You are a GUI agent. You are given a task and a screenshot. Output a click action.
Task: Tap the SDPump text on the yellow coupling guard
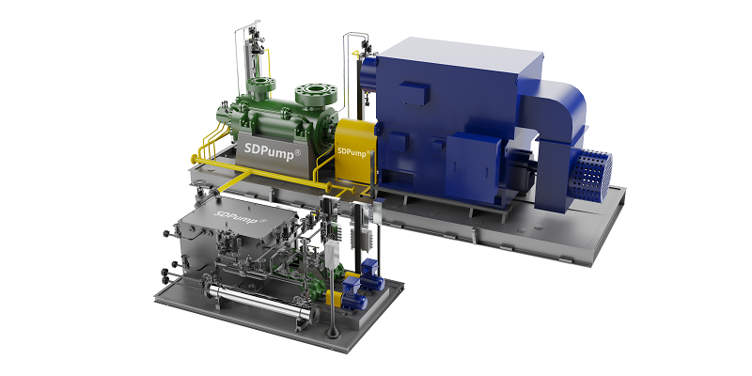(354, 151)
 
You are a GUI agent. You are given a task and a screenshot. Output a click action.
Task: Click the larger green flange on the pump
(316, 94)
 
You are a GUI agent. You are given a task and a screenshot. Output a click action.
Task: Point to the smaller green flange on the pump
(261, 86)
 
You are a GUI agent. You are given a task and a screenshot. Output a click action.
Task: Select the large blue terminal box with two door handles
(473, 162)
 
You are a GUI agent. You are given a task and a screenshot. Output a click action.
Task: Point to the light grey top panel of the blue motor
(462, 55)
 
